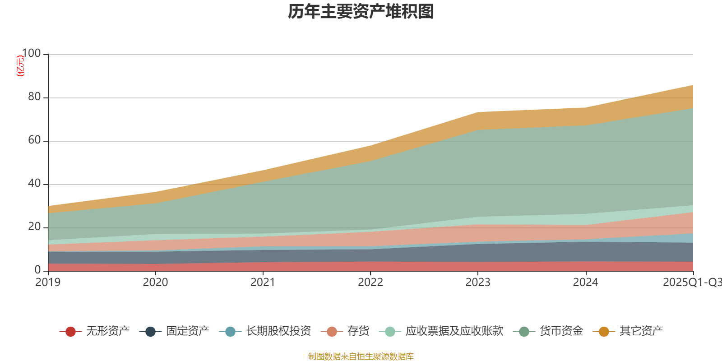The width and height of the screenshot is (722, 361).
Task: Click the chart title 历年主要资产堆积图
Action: click(361, 12)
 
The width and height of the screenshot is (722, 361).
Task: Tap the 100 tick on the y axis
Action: click(31, 54)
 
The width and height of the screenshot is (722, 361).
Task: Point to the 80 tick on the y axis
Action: click(34, 97)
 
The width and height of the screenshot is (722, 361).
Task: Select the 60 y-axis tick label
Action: click(34, 140)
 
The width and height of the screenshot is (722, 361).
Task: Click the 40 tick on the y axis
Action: click(34, 184)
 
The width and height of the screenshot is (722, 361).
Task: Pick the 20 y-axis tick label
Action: click(34, 227)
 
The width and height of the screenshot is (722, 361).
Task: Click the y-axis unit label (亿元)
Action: click(20, 66)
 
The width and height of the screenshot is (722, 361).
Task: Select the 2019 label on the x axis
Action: click(48, 282)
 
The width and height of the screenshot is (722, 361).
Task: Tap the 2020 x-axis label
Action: click(155, 282)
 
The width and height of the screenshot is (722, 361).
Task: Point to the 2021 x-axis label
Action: click(263, 282)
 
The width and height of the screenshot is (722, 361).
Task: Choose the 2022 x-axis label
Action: click(370, 282)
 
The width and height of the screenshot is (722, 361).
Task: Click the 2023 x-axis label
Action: click(478, 282)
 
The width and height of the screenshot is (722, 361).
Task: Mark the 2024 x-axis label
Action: click(585, 282)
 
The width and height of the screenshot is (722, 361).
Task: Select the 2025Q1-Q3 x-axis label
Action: click(692, 282)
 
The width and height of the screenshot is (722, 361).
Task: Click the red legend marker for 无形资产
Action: click(70, 332)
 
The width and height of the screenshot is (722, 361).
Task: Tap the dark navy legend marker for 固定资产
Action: click(150, 332)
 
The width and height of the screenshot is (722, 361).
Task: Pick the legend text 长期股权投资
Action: click(278, 331)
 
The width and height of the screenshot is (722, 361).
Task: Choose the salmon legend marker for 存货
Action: click(332, 332)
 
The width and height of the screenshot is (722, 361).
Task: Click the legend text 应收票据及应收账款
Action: click(454, 331)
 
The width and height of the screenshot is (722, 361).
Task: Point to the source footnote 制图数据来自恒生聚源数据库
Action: click(361, 356)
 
